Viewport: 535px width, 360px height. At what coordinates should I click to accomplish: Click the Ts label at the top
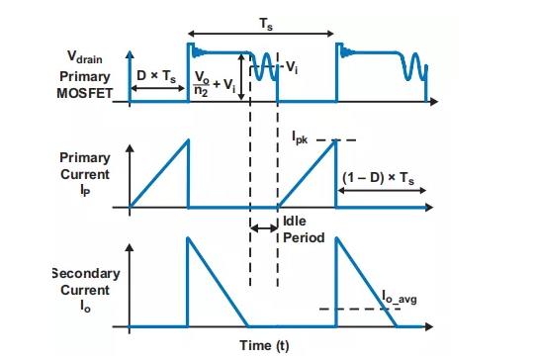[x=266, y=24]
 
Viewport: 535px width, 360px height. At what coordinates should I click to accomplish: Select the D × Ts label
[x=156, y=76]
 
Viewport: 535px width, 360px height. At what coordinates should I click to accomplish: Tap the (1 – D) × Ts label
[x=379, y=178]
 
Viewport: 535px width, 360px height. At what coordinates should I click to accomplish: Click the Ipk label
[x=300, y=137]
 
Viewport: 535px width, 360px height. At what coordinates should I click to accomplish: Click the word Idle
[x=295, y=222]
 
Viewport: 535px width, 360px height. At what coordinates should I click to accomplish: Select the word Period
[x=304, y=237]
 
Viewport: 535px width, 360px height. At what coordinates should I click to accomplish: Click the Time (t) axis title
[x=264, y=346]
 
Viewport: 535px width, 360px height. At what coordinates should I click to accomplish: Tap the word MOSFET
[x=85, y=93]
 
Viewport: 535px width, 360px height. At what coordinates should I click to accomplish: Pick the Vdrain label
[x=84, y=57]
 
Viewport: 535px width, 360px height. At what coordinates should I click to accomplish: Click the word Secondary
[x=86, y=273]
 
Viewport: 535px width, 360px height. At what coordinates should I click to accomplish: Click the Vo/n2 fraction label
[x=202, y=84]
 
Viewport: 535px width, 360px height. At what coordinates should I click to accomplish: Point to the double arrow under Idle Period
[x=264, y=227]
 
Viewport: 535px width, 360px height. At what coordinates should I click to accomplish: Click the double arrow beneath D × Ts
[x=158, y=88]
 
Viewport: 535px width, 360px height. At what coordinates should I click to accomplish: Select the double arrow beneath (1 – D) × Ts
[x=382, y=191]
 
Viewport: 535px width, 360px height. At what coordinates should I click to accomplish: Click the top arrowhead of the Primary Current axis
[x=130, y=147]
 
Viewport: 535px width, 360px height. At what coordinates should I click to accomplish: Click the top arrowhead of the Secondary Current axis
[x=130, y=247]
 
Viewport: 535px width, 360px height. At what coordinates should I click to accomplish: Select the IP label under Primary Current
[x=85, y=191]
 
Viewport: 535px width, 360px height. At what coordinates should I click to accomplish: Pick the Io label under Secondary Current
[x=85, y=307]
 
